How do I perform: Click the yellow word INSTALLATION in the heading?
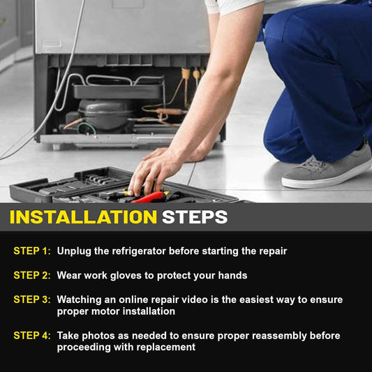(x=83, y=217)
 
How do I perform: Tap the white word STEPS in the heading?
(x=195, y=217)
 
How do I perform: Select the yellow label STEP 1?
(x=32, y=251)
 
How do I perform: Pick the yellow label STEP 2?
(x=32, y=275)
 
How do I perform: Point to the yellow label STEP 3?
(x=32, y=299)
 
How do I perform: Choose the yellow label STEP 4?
(x=32, y=336)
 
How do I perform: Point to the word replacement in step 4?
(x=166, y=348)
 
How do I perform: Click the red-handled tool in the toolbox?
(x=149, y=198)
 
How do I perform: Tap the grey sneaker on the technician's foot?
(x=327, y=170)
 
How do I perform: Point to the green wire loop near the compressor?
(x=87, y=128)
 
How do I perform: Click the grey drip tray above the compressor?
(x=118, y=91)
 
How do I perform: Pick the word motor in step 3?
(x=105, y=311)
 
